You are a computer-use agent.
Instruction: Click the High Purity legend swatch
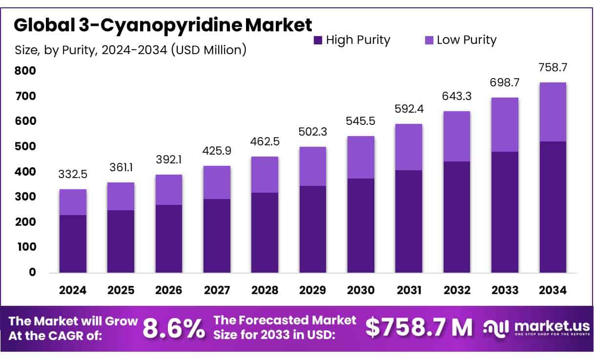[318, 40]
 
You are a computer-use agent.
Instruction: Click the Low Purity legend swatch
[429, 40]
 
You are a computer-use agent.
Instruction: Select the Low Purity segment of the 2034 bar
[553, 112]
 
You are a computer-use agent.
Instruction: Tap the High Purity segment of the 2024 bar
[73, 243]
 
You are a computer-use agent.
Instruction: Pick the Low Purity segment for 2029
[312, 166]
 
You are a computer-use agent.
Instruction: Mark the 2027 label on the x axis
[217, 291]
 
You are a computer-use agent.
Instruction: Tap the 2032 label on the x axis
[457, 291]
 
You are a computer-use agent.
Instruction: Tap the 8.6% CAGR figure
[174, 329]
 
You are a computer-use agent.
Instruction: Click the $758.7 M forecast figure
[419, 328]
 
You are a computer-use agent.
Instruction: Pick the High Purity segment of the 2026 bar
[169, 239]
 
